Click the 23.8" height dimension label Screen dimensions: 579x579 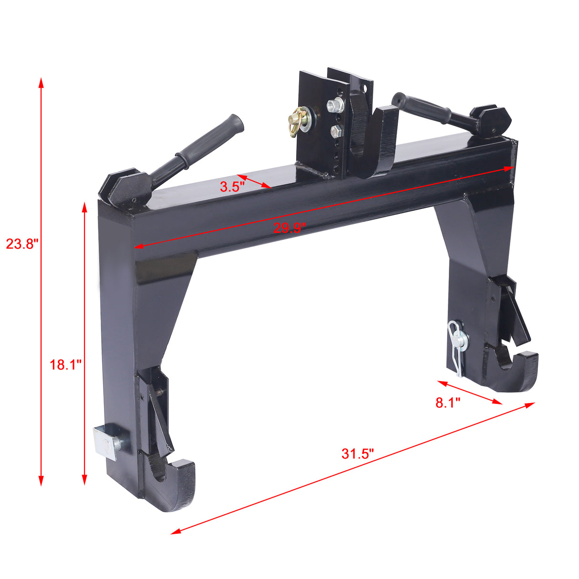21,244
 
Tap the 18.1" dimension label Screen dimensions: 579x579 66,365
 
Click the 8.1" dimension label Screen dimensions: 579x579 448,403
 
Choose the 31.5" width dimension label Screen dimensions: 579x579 358,454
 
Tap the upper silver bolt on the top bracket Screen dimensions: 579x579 335,104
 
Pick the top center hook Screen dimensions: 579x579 377,143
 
